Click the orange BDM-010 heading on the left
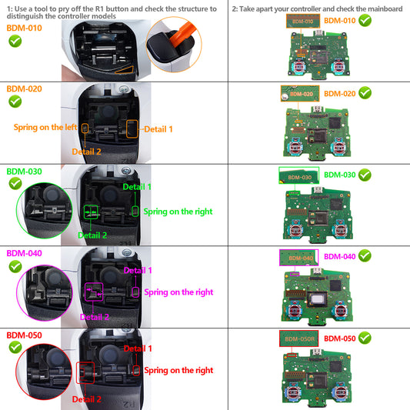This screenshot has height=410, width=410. coord(23,28)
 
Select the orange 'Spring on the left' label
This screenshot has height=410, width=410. coord(45,126)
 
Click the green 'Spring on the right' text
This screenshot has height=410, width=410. coord(178,212)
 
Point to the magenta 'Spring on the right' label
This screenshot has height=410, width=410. coord(178,292)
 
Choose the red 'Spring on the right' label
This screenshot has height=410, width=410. coord(178,371)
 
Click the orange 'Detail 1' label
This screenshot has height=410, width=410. coord(158,129)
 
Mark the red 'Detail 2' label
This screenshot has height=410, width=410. coord(87,399)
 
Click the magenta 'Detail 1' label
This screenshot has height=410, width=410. coord(138,270)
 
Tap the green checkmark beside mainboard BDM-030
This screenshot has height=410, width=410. coord(365,175)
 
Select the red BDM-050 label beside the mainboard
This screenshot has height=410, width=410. coord(339,338)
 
